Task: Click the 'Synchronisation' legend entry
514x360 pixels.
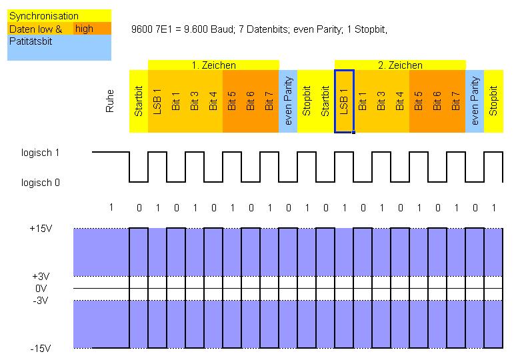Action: [43, 16]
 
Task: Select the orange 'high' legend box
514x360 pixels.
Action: [85, 29]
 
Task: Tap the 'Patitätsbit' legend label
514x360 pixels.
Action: [31, 41]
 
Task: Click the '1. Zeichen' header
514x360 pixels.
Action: [213, 65]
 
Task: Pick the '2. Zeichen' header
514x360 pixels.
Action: [400, 65]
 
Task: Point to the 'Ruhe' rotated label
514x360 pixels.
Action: [111, 101]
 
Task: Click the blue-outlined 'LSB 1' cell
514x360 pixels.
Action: [344, 101]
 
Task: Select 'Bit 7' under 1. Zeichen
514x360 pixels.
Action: [269, 101]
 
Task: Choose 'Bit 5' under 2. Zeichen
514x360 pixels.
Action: [419, 101]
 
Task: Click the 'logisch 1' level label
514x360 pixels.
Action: [40, 153]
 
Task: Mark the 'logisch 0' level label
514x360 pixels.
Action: [40, 182]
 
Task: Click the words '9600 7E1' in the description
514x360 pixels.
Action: [153, 29]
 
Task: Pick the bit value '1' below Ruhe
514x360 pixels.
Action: [111, 207]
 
